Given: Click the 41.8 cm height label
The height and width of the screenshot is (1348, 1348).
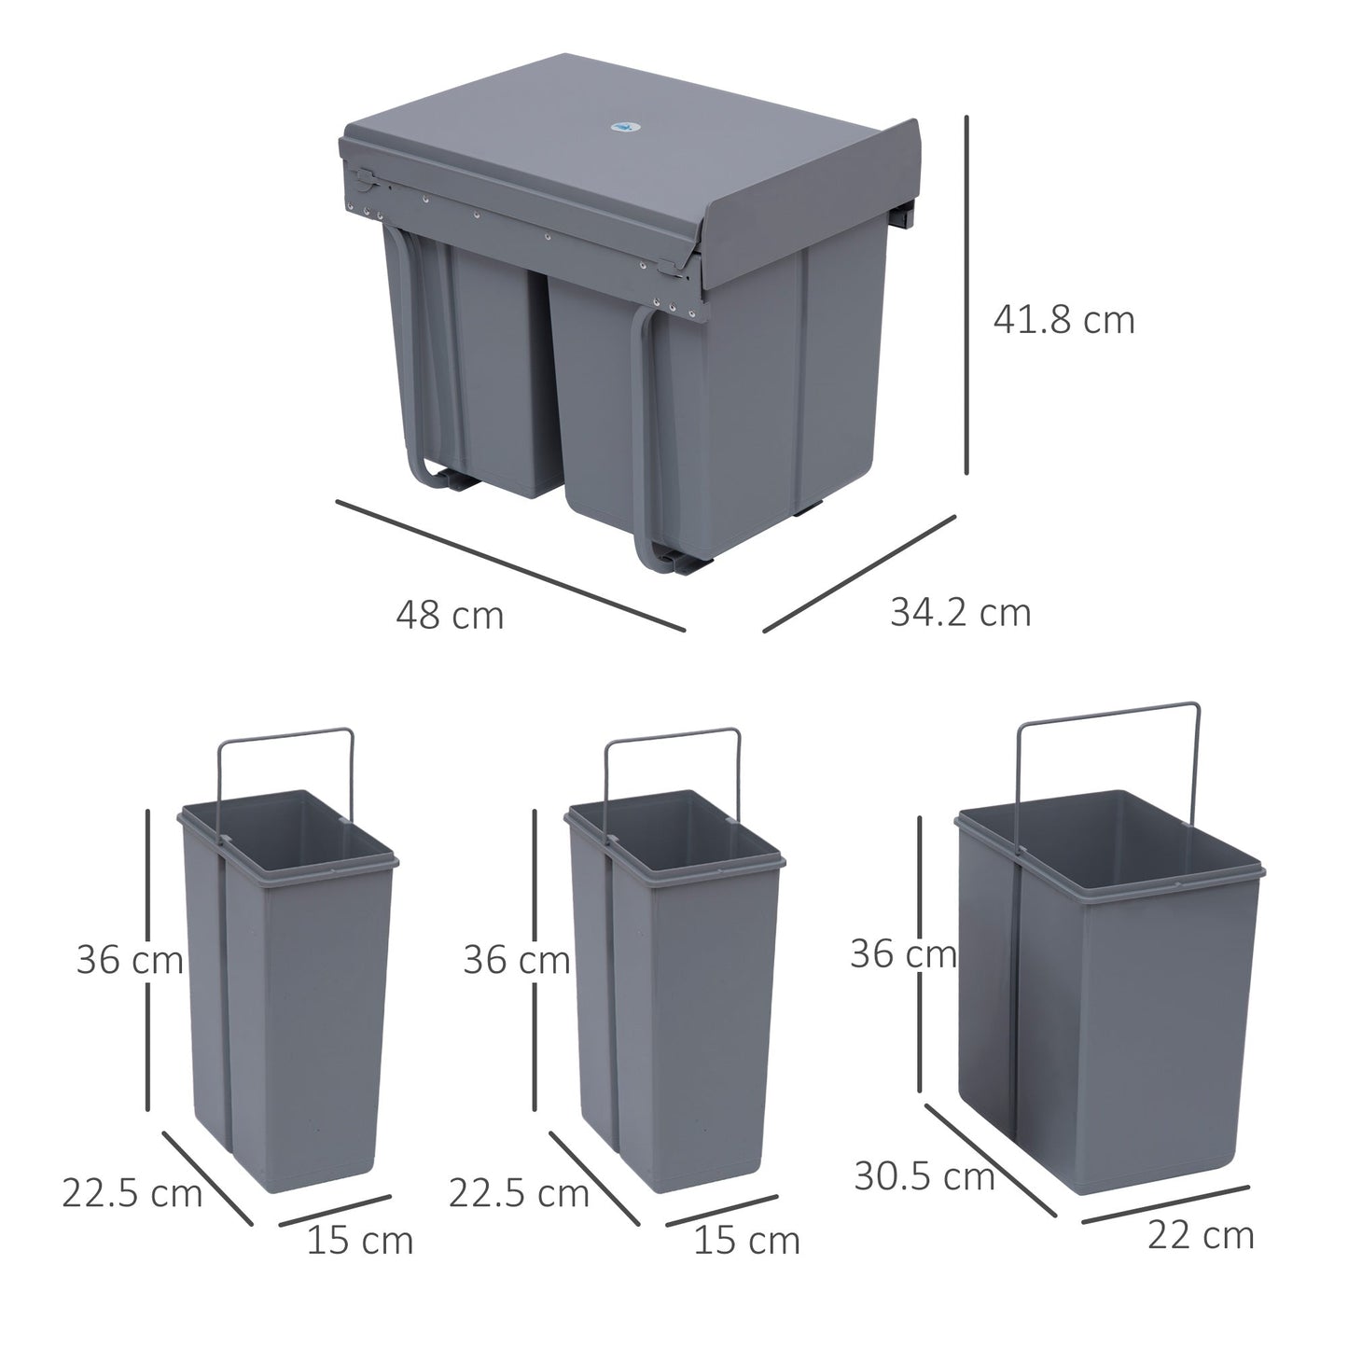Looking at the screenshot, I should pyautogui.click(x=1063, y=321).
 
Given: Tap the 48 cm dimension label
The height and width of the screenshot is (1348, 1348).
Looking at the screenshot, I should pyautogui.click(x=450, y=616).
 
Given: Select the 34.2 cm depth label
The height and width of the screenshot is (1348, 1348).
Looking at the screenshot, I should pyautogui.click(x=961, y=613).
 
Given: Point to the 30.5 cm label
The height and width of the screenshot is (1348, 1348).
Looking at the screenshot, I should pyautogui.click(x=924, y=1176).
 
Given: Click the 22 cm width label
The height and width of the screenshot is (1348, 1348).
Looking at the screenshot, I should pyautogui.click(x=1201, y=1235).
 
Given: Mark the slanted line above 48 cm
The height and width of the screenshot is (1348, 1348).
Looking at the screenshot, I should pyautogui.click(x=510, y=565).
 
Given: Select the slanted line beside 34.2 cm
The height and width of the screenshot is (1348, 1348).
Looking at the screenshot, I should pyautogui.click(x=859, y=574).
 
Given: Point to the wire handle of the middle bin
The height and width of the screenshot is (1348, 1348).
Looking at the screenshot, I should pyautogui.click(x=673, y=736).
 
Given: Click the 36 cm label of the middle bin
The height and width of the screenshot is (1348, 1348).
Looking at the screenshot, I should pyautogui.click(x=516, y=959).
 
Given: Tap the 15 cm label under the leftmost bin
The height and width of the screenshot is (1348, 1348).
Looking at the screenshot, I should pyautogui.click(x=360, y=1241).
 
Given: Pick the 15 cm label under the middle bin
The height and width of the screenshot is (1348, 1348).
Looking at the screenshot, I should pyautogui.click(x=746, y=1241).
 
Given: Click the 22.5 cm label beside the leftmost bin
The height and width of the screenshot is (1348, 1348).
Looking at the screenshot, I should pyautogui.click(x=132, y=1193).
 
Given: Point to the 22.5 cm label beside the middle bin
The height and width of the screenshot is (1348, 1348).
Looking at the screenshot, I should pyautogui.click(x=519, y=1193).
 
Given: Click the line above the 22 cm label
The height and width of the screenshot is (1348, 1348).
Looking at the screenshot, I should pyautogui.click(x=1165, y=1203).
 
